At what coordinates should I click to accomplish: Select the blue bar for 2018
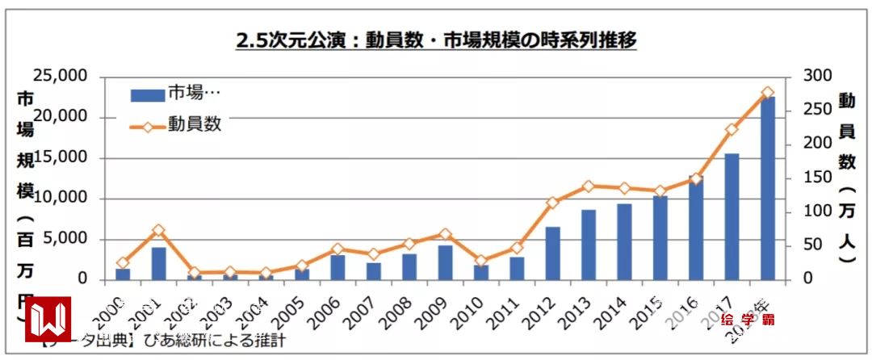tap(767, 189)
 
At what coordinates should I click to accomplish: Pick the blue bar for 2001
tap(159, 264)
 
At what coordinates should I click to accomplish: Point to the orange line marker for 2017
tap(732, 129)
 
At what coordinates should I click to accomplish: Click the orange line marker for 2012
tap(552, 203)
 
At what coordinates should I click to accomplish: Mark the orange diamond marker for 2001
tap(159, 231)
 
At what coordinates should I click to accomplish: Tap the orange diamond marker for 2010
tap(480, 261)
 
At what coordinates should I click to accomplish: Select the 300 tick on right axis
tap(808, 76)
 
